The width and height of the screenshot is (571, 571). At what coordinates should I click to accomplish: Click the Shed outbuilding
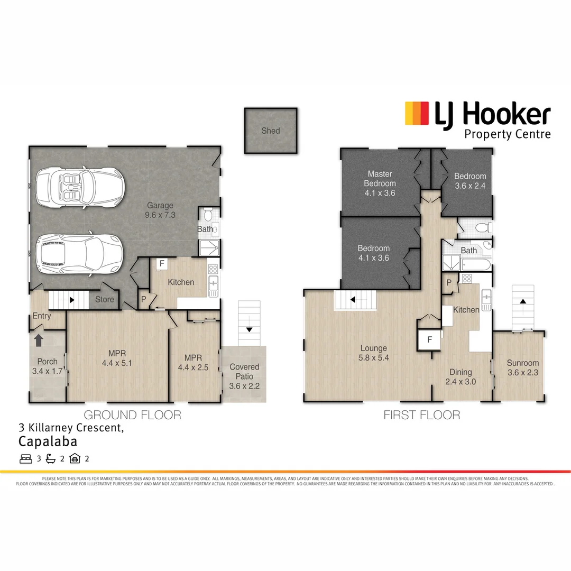click(270, 131)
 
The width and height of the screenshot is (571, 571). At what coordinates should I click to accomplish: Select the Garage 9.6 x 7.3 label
click(160, 210)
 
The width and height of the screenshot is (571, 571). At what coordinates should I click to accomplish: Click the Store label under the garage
click(105, 299)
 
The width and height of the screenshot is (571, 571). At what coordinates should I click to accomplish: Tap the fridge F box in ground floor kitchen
click(161, 263)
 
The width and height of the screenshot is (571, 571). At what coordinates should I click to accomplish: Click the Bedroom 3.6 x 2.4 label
click(469, 181)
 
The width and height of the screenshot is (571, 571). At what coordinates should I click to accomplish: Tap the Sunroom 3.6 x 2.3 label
click(522, 367)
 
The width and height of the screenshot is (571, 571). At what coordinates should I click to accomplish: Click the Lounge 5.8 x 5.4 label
click(374, 353)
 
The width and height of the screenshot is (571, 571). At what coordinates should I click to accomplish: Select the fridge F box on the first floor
click(429, 340)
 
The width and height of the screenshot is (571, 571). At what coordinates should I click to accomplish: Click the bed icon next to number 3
click(26, 458)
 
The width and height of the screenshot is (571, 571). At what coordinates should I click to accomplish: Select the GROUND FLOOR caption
click(133, 415)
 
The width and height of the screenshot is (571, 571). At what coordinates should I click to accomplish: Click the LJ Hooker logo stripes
click(417, 114)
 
